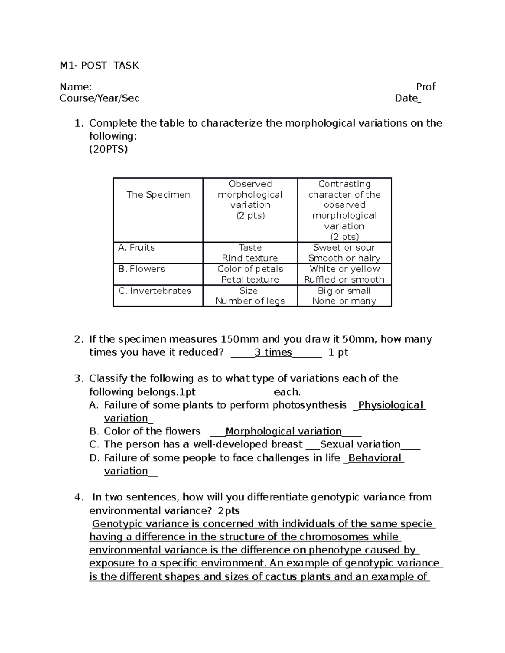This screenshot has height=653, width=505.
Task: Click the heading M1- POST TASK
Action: pos(99,66)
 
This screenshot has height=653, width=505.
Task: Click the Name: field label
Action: pos(75,87)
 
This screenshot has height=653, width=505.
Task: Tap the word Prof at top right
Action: pos(425,87)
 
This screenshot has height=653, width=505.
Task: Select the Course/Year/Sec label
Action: pos(99,98)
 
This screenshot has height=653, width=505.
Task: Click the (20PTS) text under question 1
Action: pos(108,149)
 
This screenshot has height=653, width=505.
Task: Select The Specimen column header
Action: pos(158,195)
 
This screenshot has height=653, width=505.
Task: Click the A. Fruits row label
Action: pos(136,248)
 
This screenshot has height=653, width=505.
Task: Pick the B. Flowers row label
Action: pos(141,269)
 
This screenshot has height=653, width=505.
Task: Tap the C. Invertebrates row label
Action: pos(154,291)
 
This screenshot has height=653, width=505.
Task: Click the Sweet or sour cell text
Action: pos(344,248)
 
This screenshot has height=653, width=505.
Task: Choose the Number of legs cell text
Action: pos(250,301)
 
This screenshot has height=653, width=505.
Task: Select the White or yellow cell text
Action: pos(344,269)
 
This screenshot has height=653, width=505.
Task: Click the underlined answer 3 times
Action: pos(273,352)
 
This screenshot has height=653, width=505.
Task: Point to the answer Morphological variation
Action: pos(283,431)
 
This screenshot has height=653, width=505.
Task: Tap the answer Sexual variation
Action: pos(360,444)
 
